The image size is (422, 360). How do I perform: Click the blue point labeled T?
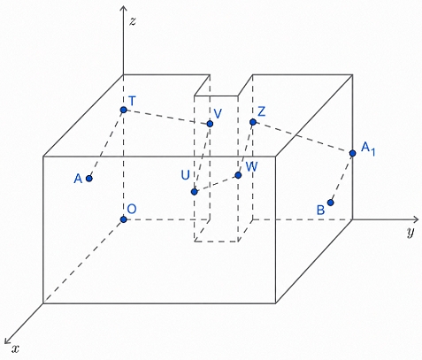pos(124,110)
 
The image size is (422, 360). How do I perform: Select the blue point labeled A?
pos(89,179)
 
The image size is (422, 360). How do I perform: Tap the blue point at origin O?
pos(124,219)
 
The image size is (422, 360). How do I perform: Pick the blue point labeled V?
pos(210,124)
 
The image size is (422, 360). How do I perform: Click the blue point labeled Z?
pos(253,122)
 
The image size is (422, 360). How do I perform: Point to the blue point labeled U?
pos(194,192)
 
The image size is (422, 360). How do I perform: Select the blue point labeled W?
pos(238,175)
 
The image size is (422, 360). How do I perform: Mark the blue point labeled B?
pos(331,203)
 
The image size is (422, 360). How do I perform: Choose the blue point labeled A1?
pos(352,153)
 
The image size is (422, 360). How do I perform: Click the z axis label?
pos(133,21)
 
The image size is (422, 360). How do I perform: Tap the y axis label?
pos(410,232)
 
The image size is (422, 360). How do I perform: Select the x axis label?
pos(15,349)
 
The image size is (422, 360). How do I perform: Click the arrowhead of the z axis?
pos(123,6)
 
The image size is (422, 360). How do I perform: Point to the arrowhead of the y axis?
pos(417,219)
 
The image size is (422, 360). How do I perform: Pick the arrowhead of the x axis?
pos(7,341)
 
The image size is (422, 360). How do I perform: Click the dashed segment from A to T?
pos(106,144)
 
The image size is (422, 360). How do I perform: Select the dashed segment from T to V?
pos(166,117)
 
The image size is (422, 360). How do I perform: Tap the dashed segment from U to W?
pos(216,184)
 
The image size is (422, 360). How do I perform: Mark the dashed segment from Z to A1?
pos(303,138)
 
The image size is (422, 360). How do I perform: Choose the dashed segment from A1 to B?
pos(341,178)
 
